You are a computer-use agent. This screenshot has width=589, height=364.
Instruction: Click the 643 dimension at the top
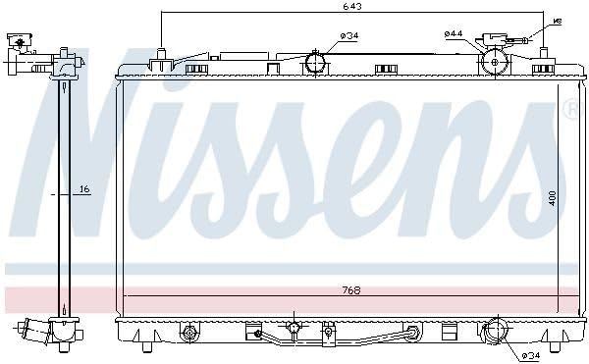(x=352, y=7)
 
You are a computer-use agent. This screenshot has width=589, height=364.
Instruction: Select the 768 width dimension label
(x=351, y=290)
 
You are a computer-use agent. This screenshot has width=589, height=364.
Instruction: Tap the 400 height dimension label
(x=552, y=198)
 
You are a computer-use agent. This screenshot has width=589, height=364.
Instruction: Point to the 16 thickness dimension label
(x=84, y=189)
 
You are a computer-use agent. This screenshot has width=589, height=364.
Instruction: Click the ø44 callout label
(x=453, y=33)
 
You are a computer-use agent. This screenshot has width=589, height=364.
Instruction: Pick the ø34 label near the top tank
(x=349, y=36)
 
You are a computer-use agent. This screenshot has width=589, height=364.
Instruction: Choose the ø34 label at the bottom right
(x=530, y=355)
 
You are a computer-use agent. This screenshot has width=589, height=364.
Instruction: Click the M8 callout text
(x=558, y=22)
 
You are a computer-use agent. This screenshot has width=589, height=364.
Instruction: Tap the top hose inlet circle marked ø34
(x=315, y=63)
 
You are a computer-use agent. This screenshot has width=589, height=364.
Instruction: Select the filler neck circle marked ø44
(x=495, y=62)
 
